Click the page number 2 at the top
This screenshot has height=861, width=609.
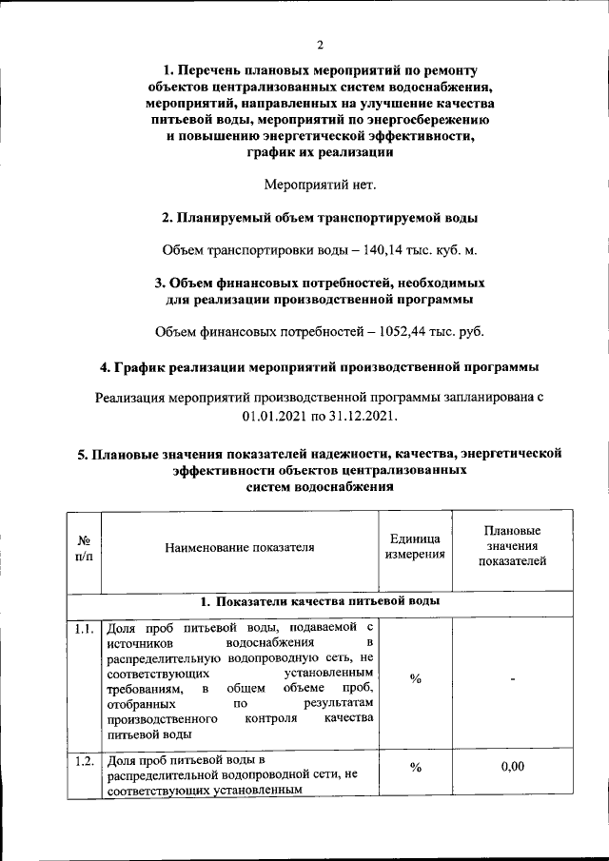[x=320, y=45]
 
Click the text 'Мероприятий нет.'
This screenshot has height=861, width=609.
[x=320, y=184]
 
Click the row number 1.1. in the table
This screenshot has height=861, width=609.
[x=84, y=628]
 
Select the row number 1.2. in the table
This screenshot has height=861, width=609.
[x=84, y=760]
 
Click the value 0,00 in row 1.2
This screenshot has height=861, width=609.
[x=512, y=768]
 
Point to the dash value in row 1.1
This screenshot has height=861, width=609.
[x=512, y=679]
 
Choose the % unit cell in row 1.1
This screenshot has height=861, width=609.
[x=416, y=678]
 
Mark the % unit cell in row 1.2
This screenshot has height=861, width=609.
[x=416, y=768]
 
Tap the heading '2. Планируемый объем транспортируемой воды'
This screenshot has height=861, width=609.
[x=320, y=218]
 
